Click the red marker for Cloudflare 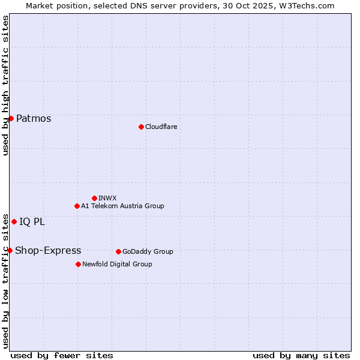tap(141, 127)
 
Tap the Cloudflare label tap(161, 127)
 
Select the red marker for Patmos tap(11, 118)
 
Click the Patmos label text tap(34, 118)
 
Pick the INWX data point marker tap(94, 198)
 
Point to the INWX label tap(107, 198)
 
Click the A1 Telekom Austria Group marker tap(77, 206)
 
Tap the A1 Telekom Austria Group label tap(122, 206)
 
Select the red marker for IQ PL tap(14, 221)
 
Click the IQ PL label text tap(32, 221)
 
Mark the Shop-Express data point tap(10, 250)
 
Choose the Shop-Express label tap(48, 250)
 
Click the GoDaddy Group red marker tap(118, 251)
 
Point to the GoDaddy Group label tap(148, 251)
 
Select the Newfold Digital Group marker tap(78, 264)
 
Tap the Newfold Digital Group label tap(117, 264)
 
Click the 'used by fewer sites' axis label tap(62, 355)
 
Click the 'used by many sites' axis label tap(301, 355)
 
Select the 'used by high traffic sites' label tap(5, 85)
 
